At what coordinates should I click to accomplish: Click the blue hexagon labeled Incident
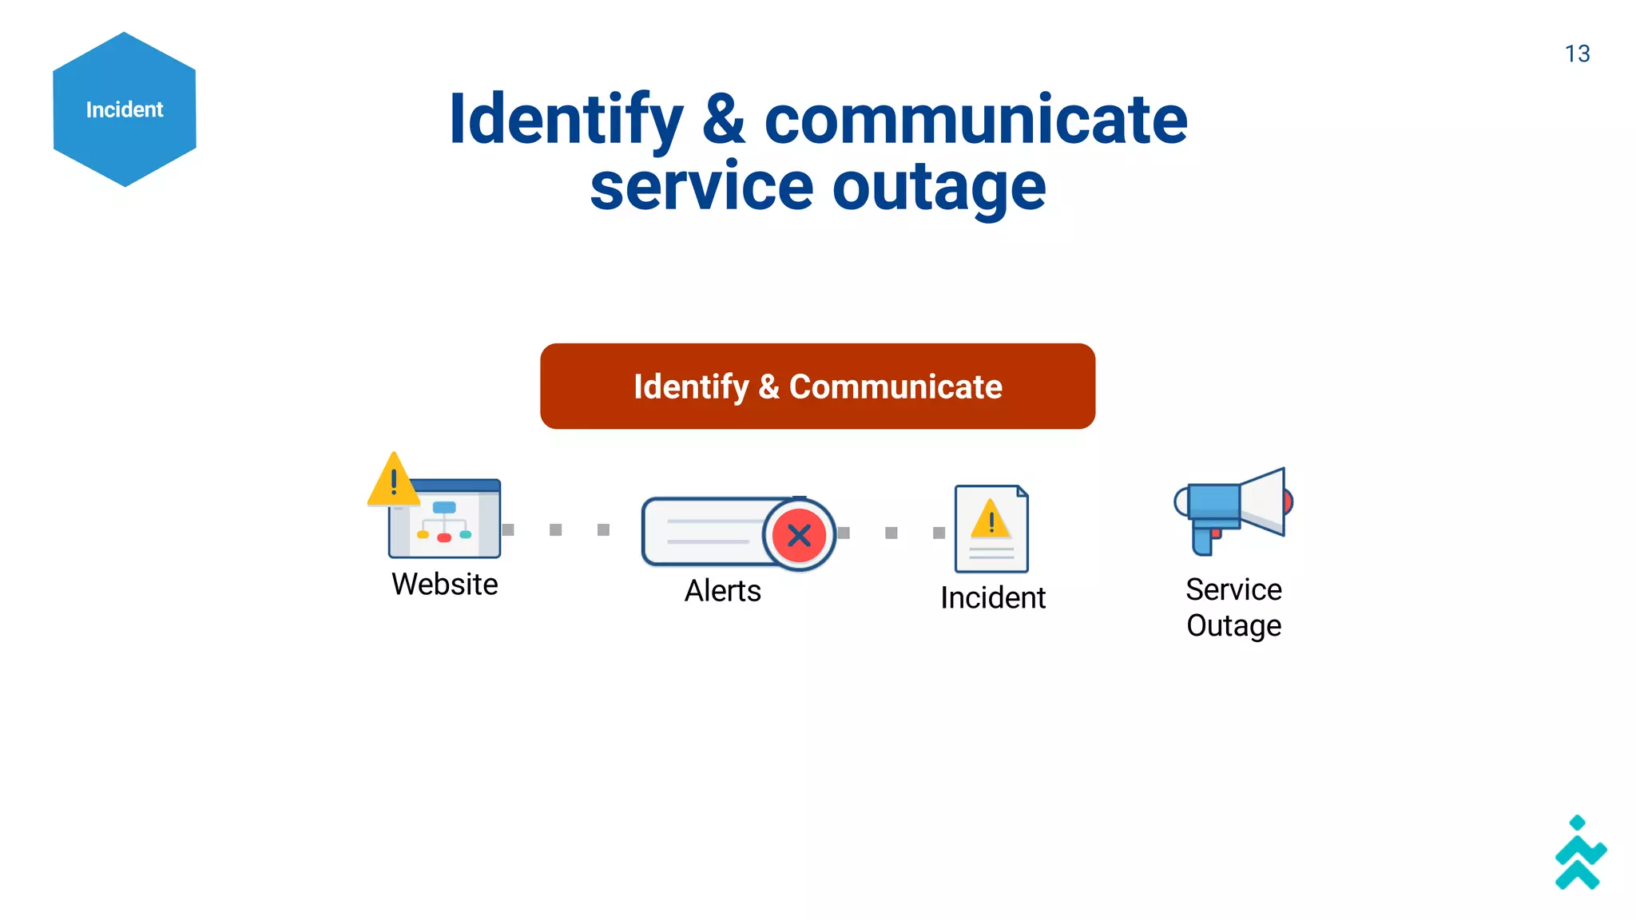[125, 109]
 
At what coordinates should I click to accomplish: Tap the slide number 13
[1577, 54]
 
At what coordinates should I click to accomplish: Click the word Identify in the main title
[566, 120]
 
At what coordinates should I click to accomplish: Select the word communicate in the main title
[975, 120]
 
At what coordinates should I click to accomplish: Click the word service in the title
[701, 188]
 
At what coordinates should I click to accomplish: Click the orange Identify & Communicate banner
[817, 387]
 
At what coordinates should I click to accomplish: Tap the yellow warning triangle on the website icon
[393, 481]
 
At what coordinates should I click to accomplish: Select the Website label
[445, 584]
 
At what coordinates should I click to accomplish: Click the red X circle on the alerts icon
[799, 535]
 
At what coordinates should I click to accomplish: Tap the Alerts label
[723, 591]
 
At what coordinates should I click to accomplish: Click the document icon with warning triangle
[991, 529]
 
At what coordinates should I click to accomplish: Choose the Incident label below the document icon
[992, 597]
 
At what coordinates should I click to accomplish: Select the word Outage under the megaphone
[1233, 625]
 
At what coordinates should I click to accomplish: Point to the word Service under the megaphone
[1233, 589]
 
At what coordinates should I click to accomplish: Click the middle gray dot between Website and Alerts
[556, 529]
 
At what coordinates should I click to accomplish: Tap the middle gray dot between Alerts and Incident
[891, 533]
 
